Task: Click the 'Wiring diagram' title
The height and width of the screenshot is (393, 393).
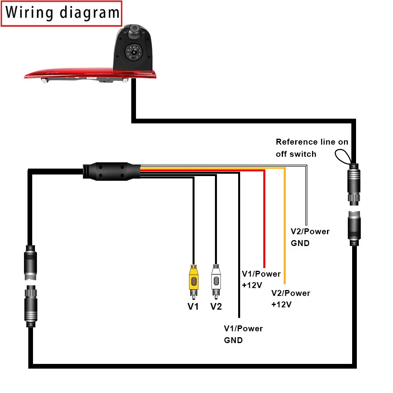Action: (62, 13)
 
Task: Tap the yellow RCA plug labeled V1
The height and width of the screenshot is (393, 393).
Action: (193, 279)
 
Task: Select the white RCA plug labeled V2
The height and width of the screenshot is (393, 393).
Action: (216, 279)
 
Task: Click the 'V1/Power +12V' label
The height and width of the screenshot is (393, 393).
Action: (261, 279)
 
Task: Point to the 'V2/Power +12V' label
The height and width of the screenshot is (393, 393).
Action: (290, 299)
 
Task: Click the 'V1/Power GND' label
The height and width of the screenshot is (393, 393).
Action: (243, 334)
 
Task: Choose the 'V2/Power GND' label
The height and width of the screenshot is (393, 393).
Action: (310, 237)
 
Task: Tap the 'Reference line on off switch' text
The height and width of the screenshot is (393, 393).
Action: (312, 148)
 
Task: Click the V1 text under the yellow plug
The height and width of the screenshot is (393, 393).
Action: (193, 306)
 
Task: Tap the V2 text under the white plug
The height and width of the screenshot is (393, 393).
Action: (216, 306)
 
